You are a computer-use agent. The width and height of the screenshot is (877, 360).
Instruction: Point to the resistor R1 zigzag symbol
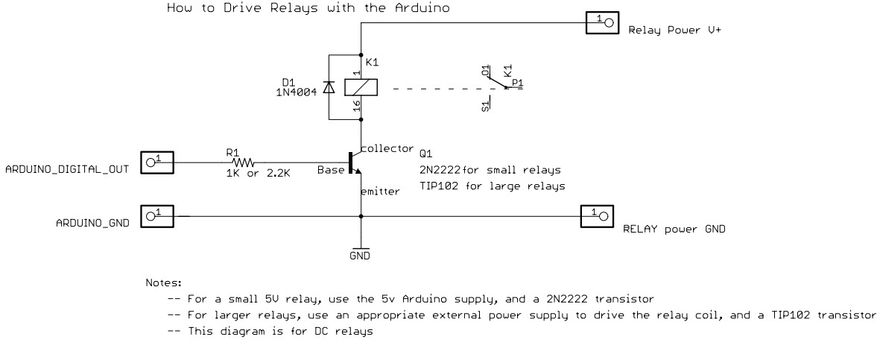pyautogui.click(x=243, y=162)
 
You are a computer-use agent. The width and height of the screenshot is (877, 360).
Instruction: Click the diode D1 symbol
pyautogui.click(x=329, y=86)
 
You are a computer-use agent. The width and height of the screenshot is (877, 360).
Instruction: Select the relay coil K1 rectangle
pyautogui.click(x=361, y=87)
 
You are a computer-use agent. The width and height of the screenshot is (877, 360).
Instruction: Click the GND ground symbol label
pyautogui.click(x=361, y=256)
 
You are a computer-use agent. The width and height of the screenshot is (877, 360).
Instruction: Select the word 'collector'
pyautogui.click(x=387, y=147)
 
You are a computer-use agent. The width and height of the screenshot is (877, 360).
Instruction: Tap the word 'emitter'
pyautogui.click(x=380, y=192)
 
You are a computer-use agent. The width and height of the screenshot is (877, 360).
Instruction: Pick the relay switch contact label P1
pyautogui.click(x=517, y=83)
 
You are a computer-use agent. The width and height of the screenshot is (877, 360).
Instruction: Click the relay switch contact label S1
pyautogui.click(x=485, y=105)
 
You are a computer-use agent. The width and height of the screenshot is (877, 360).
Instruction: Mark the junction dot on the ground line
pyautogui.click(x=361, y=217)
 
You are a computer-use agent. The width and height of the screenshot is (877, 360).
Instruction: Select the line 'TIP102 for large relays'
pyautogui.click(x=492, y=185)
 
